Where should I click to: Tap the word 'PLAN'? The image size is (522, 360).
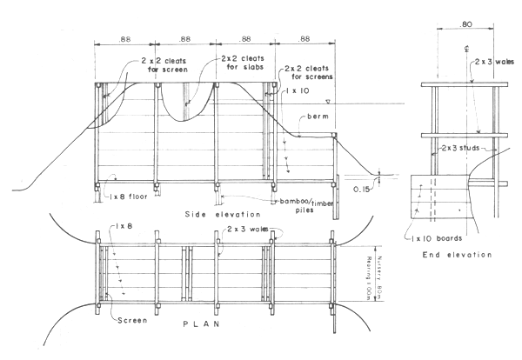click(199, 323)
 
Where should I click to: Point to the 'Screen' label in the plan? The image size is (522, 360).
click(131, 318)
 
